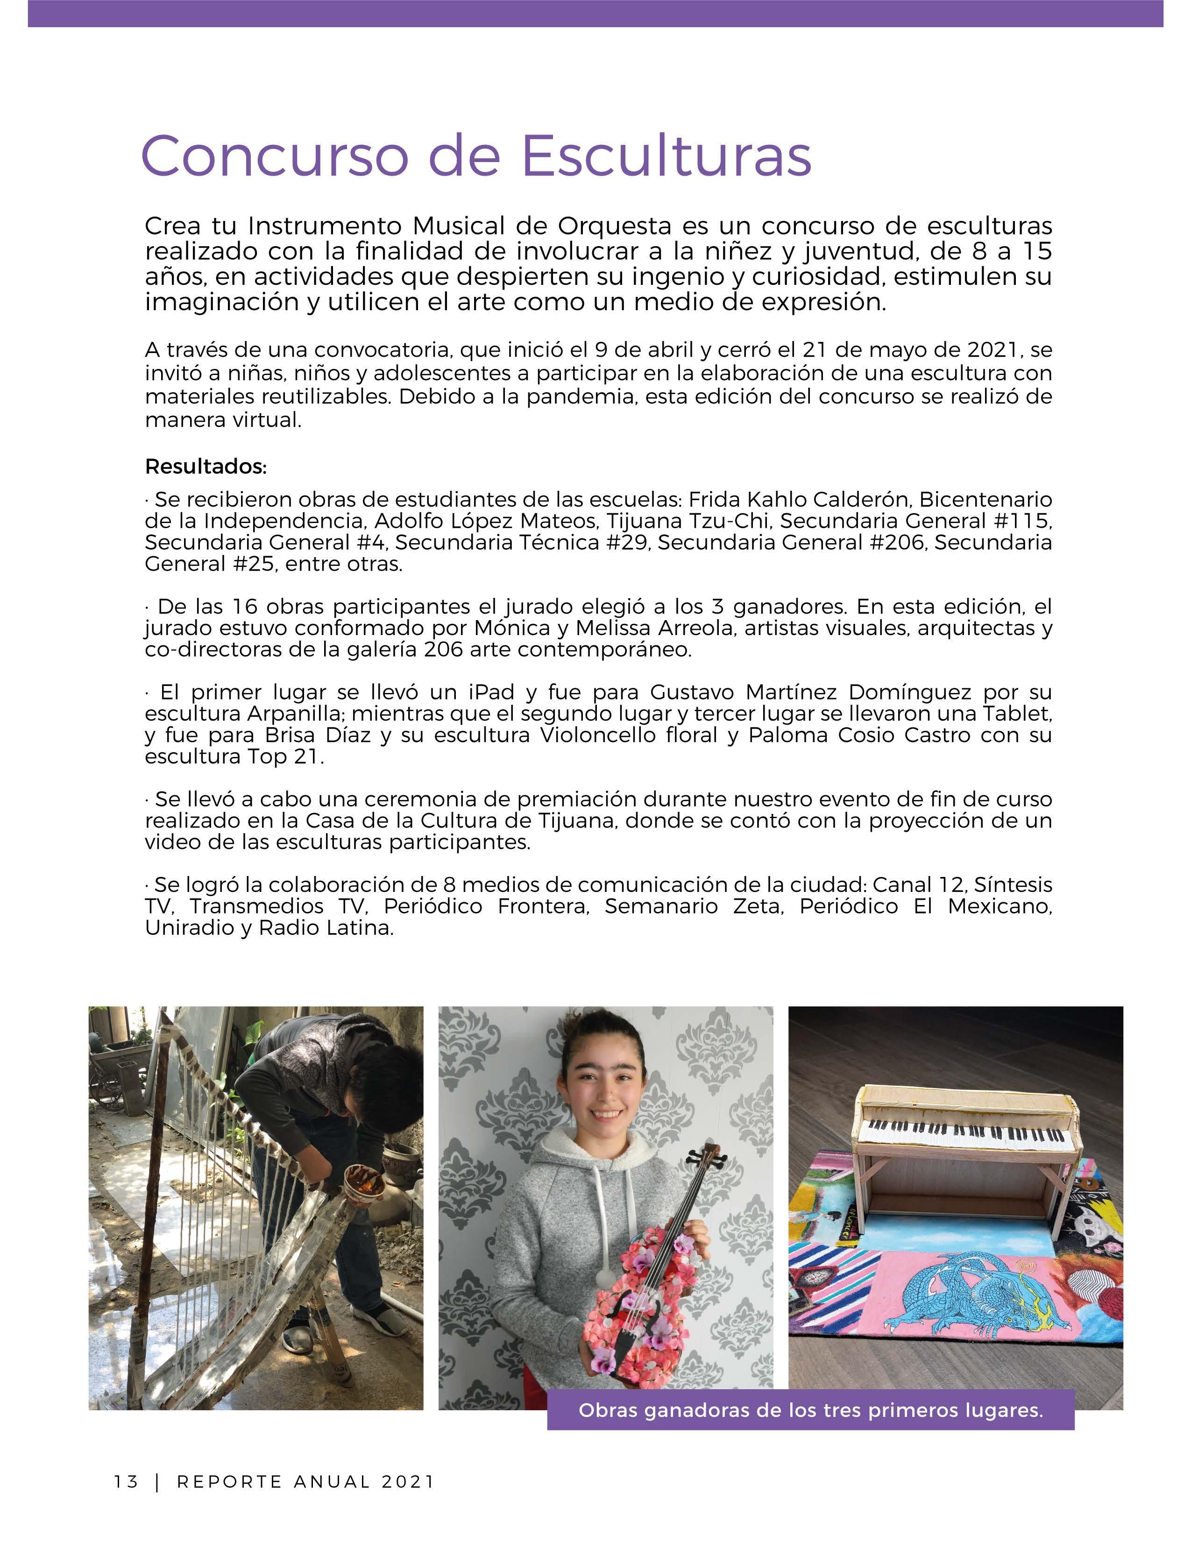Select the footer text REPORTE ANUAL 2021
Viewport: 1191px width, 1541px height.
[305, 1481]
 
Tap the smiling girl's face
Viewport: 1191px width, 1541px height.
[606, 1092]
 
